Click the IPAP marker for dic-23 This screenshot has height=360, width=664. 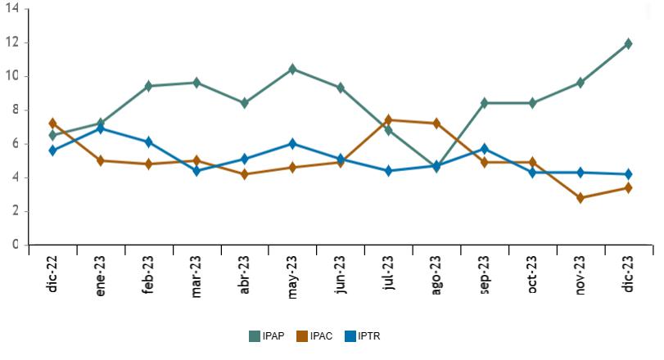pos(628,43)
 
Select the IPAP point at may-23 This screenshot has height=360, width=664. pos(292,69)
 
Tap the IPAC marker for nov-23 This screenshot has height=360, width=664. pos(580,198)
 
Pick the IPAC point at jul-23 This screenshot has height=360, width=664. pos(388,120)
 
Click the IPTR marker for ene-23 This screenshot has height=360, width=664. pos(101,128)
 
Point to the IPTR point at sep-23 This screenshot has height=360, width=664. pos(484,149)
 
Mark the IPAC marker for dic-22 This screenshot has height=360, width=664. pos(53,124)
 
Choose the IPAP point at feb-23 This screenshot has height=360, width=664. pos(149,86)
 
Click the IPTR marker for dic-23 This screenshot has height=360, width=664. pos(628,174)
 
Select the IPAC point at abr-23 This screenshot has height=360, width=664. pos(245,174)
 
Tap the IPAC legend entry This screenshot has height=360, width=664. pos(315,336)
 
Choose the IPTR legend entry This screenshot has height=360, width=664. pos(363,336)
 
